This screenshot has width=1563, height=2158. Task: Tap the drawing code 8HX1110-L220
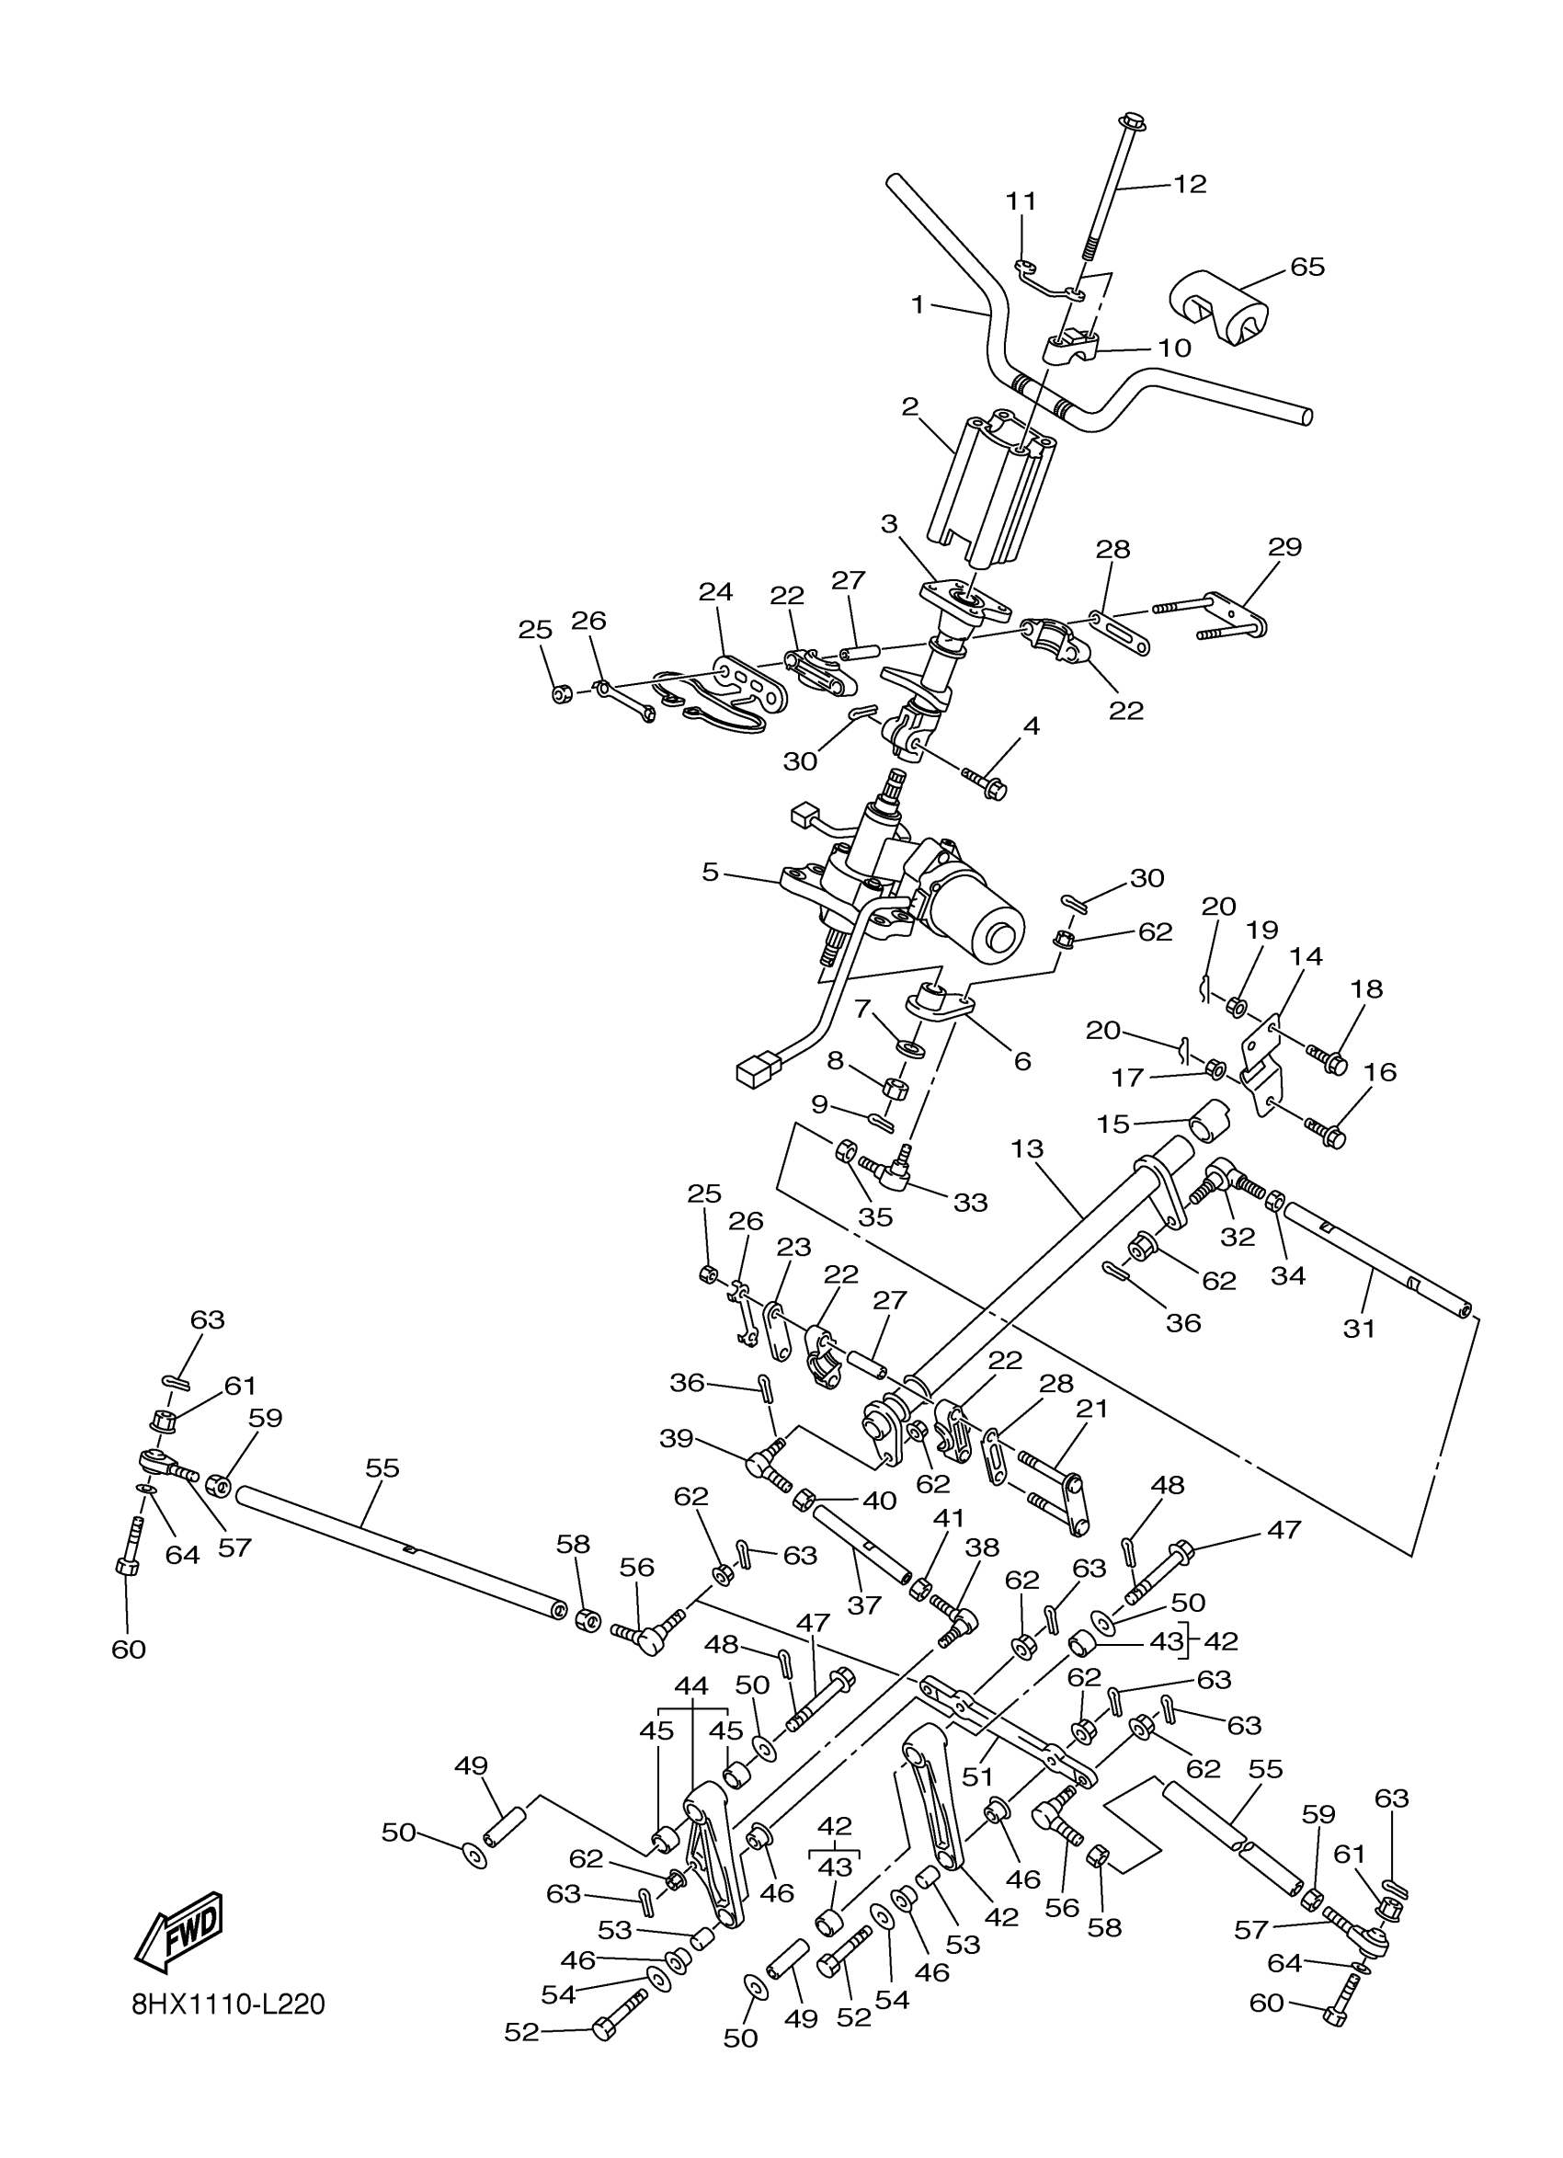coord(228,2004)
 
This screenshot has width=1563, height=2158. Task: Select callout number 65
coord(1307,267)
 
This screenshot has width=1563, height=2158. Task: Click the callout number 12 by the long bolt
coord(1189,184)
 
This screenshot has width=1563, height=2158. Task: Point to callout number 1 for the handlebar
coord(917,304)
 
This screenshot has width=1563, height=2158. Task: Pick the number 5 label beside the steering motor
coord(710,872)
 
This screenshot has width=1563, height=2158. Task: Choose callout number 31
coord(1359,1328)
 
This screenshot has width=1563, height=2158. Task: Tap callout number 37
coord(864,1605)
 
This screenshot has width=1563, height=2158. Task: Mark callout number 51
coord(977,1775)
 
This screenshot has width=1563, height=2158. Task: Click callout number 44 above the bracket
coord(690,1685)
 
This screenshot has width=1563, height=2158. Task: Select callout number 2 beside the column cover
coord(909,407)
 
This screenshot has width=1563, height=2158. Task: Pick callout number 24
coord(715,592)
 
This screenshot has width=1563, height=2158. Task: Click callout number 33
coord(970,1203)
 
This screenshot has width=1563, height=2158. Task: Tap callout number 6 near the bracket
coord(1022,1061)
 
